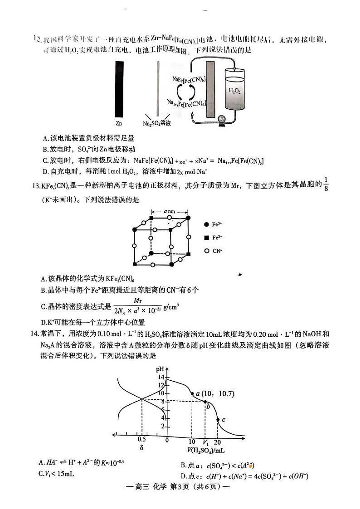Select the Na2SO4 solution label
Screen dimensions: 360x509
click(x=159, y=123)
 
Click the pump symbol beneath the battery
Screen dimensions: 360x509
click(x=222, y=119)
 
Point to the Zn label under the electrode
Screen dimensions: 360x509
click(x=119, y=123)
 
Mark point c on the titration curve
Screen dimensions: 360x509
click(x=218, y=420)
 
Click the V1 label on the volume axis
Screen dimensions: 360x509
click(x=205, y=443)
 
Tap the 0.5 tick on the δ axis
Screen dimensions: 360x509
click(x=141, y=440)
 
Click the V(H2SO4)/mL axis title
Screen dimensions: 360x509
click(x=206, y=451)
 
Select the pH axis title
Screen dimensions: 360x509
click(x=160, y=369)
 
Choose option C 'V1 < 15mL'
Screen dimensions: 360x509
click(x=57, y=474)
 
